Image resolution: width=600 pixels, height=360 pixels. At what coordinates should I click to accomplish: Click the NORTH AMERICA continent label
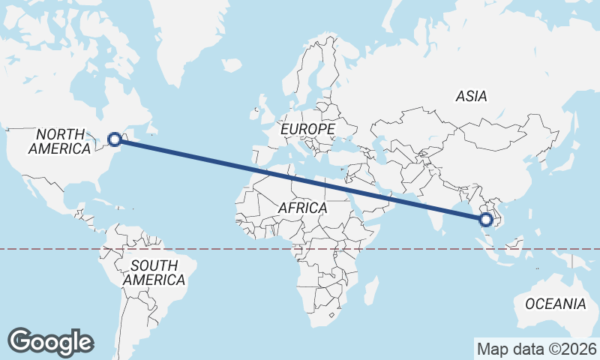(60, 141)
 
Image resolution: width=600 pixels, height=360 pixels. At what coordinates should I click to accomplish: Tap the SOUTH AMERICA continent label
(154, 272)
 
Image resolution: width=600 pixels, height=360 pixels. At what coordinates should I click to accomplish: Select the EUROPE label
(307, 130)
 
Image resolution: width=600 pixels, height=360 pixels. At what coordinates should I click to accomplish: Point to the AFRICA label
(302, 208)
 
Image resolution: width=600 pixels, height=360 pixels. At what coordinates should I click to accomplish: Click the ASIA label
(471, 96)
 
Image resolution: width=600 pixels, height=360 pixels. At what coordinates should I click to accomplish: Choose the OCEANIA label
(556, 304)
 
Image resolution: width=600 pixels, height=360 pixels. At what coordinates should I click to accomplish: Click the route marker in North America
(115, 139)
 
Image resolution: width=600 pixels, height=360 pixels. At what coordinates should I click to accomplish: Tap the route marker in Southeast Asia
(486, 220)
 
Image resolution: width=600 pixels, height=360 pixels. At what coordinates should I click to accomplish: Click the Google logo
(51, 341)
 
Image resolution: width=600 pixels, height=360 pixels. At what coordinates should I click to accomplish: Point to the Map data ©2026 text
(536, 349)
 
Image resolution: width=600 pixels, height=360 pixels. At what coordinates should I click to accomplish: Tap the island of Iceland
(232, 67)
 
